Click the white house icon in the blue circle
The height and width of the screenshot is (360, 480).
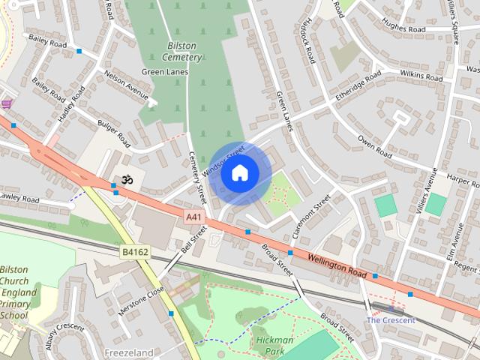click(239, 173)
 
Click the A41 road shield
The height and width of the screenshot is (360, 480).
click(194, 217)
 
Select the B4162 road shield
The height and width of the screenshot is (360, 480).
click(135, 253)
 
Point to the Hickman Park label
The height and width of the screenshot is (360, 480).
click(274, 345)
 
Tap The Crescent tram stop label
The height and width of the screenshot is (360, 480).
click(390, 320)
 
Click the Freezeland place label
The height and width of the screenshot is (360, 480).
click(129, 352)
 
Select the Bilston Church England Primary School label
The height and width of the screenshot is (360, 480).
click(15, 292)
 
